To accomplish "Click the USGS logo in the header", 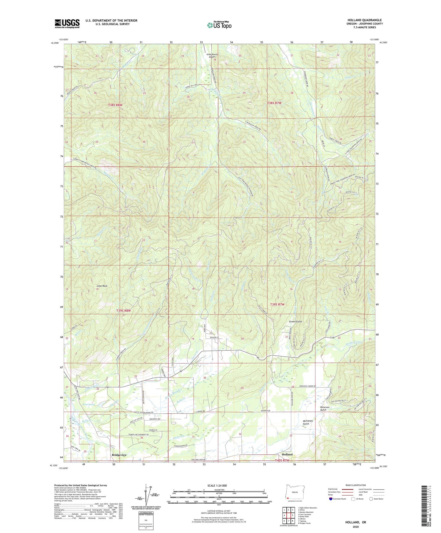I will click(67, 24).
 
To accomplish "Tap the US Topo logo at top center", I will click(219, 25).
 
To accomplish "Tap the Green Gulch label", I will click(296, 322).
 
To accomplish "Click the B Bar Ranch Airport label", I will click(214, 56).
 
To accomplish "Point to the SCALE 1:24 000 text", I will click(219, 485).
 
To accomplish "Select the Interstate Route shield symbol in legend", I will click(330, 499).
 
